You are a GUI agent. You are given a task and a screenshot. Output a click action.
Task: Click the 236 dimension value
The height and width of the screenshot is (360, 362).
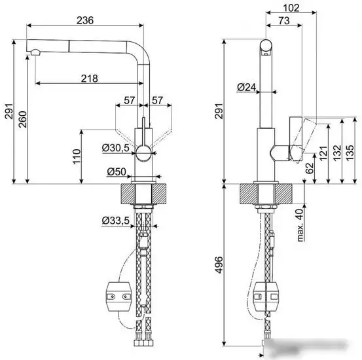(85, 20)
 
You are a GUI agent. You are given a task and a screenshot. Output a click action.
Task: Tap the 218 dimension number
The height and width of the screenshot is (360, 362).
(89, 79)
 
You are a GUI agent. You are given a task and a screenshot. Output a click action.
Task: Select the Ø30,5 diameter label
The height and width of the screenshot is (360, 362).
(116, 148)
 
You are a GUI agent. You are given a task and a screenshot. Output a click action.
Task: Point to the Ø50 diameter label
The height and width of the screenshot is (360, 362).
(117, 171)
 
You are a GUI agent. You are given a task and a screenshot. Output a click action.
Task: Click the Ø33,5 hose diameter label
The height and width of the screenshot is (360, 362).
(116, 221)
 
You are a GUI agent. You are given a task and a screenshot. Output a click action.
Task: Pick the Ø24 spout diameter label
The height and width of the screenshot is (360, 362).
(247, 87)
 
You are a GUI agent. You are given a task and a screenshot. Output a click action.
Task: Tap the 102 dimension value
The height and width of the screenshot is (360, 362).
(291, 8)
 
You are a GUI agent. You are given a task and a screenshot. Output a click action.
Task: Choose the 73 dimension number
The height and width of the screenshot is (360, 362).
(284, 21)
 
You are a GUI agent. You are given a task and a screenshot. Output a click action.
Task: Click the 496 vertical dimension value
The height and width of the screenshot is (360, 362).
(219, 264)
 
